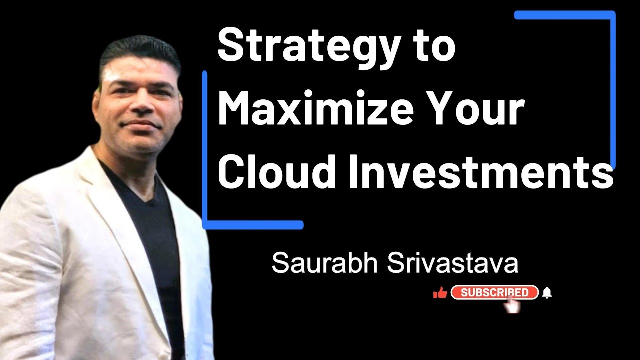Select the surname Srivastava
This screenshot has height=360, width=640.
[453, 263]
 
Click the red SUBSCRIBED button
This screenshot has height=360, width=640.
[494, 292]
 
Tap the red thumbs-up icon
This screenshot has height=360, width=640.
[440, 293]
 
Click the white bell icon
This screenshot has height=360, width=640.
[547, 293]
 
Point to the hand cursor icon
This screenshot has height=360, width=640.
[512, 305]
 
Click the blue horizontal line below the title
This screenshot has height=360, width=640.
[255, 225]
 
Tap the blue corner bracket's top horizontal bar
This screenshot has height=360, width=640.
[565, 15]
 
